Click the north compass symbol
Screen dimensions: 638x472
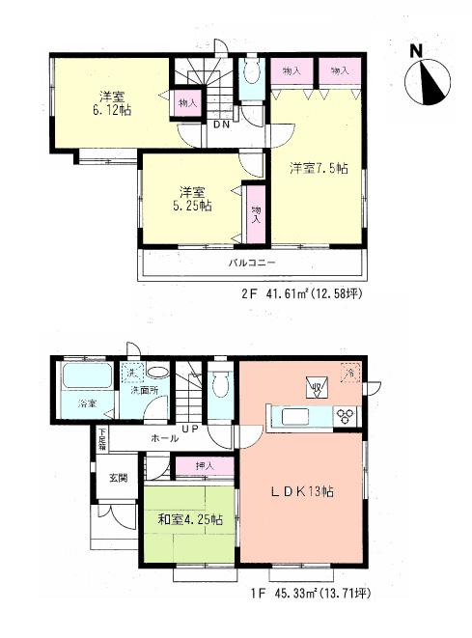pos(428,81)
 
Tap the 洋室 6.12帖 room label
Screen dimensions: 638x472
pos(109,103)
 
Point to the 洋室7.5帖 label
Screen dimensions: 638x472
pos(319,168)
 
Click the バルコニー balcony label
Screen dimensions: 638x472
pos(252,263)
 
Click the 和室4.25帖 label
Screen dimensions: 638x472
pos(189,519)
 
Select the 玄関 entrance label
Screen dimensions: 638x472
pos(117,478)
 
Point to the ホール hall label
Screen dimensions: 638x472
pos(162,439)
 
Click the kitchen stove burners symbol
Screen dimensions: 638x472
pos(346,416)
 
